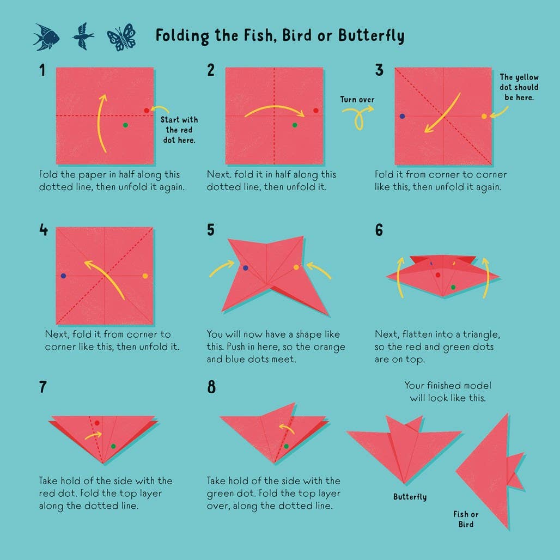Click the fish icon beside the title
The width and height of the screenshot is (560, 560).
pyautogui.click(x=46, y=37)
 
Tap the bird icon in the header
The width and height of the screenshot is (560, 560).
pyautogui.click(x=83, y=36)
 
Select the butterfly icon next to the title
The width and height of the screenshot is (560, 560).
pyautogui.click(x=121, y=37)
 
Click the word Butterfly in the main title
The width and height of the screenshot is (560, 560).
pyautogui.click(x=372, y=36)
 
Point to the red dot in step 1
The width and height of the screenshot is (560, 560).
pyautogui.click(x=147, y=111)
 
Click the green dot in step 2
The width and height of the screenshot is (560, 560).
pyautogui.click(x=295, y=125)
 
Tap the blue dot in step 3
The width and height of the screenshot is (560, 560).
pyautogui.click(x=402, y=116)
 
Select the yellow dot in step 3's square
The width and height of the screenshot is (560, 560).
pyautogui.click(x=484, y=116)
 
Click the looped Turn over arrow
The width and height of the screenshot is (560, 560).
pyautogui.click(x=358, y=115)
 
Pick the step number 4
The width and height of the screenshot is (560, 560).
pyautogui.click(x=43, y=230)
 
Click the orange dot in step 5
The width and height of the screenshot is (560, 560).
pyautogui.click(x=296, y=267)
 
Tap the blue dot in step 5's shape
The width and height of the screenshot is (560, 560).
pyautogui.click(x=245, y=268)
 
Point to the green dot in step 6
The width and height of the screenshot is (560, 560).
pyautogui.click(x=453, y=287)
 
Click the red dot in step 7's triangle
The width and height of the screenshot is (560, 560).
pyautogui.click(x=97, y=423)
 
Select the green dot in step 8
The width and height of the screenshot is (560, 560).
pyautogui.click(x=286, y=446)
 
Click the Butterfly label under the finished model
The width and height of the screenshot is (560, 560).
pyautogui.click(x=410, y=497)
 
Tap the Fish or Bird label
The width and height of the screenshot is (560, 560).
pyautogui.click(x=466, y=519)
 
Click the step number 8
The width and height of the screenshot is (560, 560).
pyautogui.click(x=211, y=387)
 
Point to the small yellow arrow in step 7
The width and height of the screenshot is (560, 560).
pyautogui.click(x=94, y=436)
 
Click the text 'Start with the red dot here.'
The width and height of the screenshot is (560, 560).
pyautogui.click(x=179, y=130)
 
